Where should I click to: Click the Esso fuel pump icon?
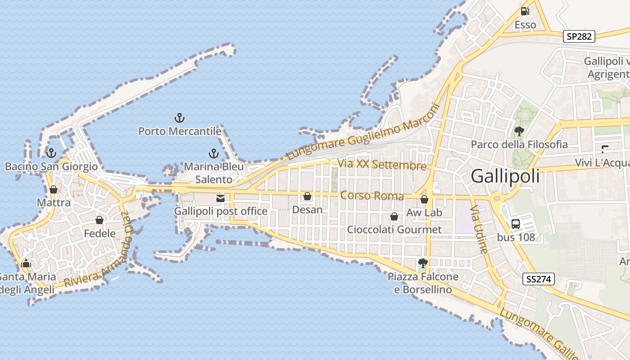point(525,11)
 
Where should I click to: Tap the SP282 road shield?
point(579,36)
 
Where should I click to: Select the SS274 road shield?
point(538,279)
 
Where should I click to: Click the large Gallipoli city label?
point(505,176)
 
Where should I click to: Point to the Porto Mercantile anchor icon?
point(180,118)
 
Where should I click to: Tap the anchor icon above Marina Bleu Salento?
point(214,153)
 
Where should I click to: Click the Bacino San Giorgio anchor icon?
point(51,153)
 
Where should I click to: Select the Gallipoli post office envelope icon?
point(220,198)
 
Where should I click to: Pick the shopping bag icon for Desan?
point(307,196)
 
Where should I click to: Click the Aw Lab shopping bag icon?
point(424,199)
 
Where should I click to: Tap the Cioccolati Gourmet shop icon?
point(394,216)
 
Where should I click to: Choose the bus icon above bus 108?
point(516,224)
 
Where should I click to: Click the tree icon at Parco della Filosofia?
point(519,131)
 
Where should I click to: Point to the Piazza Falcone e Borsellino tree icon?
point(423,263)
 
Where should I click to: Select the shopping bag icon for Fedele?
point(99,220)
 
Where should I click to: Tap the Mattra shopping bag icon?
point(54,189)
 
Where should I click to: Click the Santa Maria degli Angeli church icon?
point(26,263)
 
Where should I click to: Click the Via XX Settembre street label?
point(382,165)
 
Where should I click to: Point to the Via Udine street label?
point(478,229)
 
